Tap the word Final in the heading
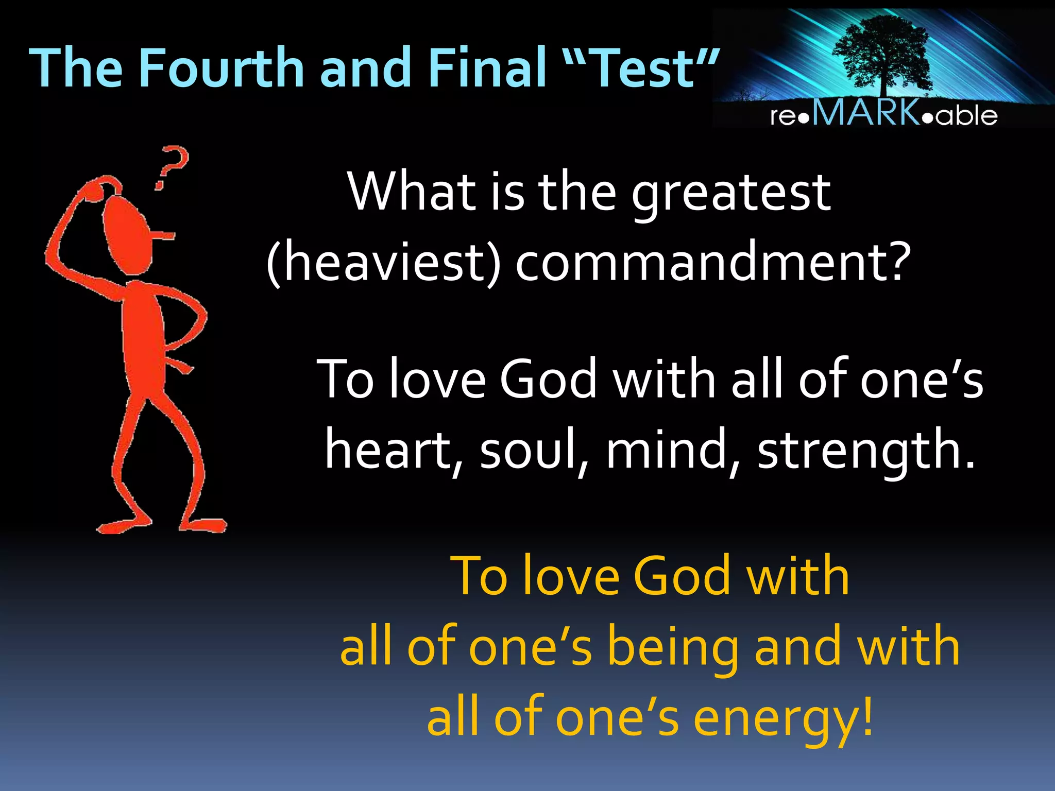pos(487,68)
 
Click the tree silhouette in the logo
pos(884,51)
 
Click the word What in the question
pos(412,192)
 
